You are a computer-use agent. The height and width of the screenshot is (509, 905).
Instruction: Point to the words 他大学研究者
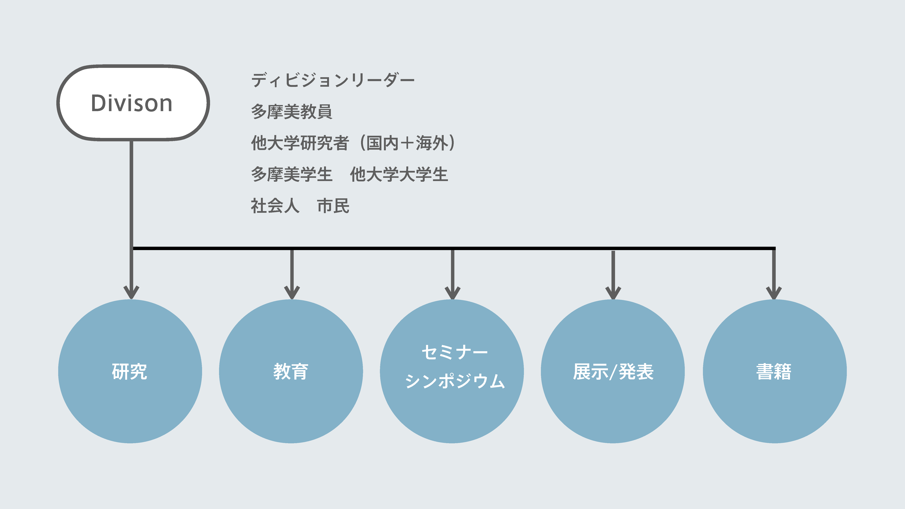tap(300, 143)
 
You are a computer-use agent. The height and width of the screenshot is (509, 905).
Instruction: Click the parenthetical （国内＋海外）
tap(408, 143)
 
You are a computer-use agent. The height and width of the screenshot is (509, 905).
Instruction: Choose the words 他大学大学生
tap(399, 175)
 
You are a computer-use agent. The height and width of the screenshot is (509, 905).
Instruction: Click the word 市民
tap(333, 206)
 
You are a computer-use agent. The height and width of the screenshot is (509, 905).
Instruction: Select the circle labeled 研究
tap(130, 371)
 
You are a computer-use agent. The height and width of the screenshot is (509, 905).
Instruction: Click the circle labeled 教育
tap(291, 371)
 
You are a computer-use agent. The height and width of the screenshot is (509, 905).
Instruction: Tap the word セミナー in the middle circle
tap(455, 352)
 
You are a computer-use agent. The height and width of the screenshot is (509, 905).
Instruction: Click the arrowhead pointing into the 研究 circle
tap(131, 292)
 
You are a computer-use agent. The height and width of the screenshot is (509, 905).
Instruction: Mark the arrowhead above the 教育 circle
tap(292, 292)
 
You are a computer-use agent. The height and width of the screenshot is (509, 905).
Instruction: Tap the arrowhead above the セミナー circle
tap(452, 292)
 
